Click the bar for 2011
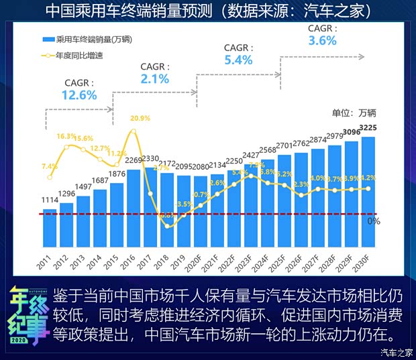(50, 228)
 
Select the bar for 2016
(134, 208)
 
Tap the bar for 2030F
(368, 191)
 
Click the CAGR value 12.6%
(79, 95)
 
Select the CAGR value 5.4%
(238, 60)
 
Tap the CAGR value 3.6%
(322, 40)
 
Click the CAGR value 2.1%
(155, 78)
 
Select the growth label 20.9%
(140, 118)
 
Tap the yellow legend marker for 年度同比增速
(48, 56)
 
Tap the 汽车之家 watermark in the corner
(396, 351)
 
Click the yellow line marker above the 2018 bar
(168, 225)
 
